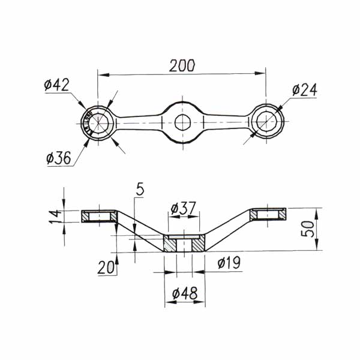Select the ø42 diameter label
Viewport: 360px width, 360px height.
(56, 85)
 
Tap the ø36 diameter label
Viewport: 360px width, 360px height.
(58, 158)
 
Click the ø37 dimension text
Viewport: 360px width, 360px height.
(184, 209)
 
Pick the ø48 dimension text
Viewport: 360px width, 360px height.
(185, 294)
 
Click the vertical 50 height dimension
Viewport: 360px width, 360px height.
(307, 229)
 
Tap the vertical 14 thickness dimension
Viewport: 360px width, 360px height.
(55, 215)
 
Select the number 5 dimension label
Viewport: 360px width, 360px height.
(140, 190)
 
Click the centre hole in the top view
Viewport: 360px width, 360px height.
(182, 122)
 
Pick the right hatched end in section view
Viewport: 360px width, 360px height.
(268, 214)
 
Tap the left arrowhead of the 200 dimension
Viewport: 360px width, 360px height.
(101, 74)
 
